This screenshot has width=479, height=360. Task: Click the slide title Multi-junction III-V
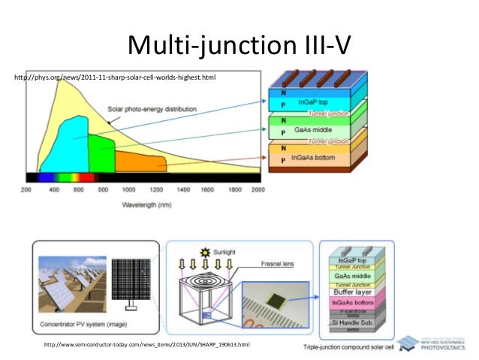(238, 46)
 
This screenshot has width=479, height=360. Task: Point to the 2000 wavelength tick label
(258, 191)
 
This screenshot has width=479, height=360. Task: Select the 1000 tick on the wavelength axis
(128, 191)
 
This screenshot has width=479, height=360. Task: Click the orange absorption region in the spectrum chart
(140, 162)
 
